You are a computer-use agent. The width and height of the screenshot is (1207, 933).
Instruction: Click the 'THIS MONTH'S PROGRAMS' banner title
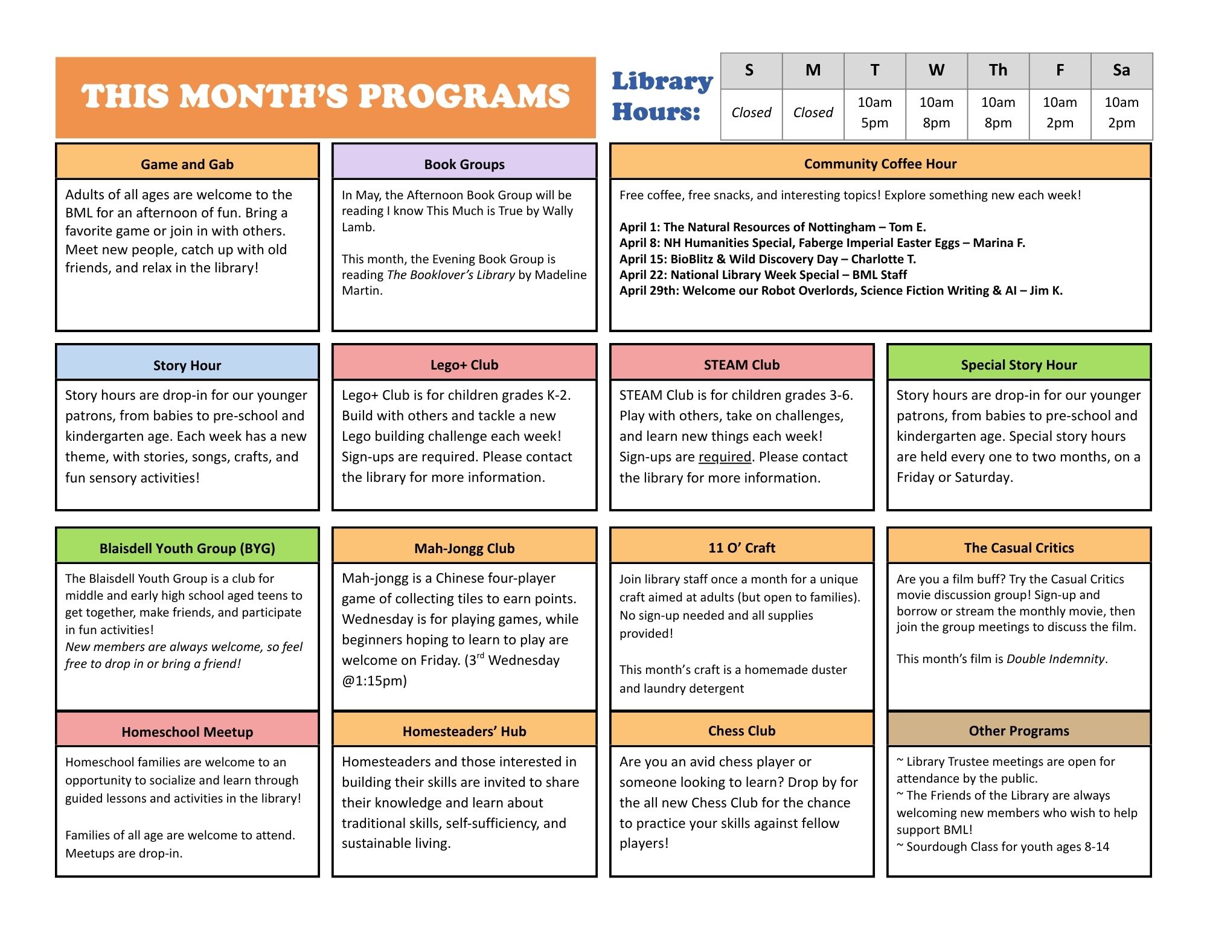point(325,97)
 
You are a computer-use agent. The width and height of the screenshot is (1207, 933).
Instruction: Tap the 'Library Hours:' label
point(662,97)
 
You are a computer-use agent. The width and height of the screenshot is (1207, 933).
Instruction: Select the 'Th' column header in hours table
point(997,71)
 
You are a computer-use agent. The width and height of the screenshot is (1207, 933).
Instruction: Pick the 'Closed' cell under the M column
point(813,113)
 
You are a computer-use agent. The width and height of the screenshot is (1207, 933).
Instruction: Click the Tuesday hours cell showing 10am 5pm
point(874,113)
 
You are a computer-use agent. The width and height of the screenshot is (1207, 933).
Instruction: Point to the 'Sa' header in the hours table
point(1121,71)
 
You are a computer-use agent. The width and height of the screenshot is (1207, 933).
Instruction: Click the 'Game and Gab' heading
point(187,164)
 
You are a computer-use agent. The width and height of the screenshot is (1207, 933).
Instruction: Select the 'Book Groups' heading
point(464,164)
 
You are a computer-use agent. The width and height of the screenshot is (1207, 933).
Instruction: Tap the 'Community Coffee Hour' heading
point(880,164)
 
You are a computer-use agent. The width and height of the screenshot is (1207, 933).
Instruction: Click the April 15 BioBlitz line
point(767,259)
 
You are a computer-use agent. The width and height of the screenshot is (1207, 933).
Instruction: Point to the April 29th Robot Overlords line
point(840,290)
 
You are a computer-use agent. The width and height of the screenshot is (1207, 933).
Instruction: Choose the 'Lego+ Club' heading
point(464,365)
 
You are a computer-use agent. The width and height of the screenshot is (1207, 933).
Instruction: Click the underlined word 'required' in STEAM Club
point(725,457)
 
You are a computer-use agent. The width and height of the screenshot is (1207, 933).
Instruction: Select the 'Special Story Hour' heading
point(1019,365)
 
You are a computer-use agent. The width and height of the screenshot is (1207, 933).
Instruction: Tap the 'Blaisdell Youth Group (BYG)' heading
point(187,548)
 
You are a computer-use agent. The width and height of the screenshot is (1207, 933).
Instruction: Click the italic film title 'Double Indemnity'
point(1055,659)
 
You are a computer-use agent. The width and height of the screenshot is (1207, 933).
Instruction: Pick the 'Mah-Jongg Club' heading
point(464,548)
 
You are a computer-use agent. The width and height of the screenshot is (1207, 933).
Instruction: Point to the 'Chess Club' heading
point(741,731)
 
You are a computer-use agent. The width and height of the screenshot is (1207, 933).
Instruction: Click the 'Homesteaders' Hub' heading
point(464,731)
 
